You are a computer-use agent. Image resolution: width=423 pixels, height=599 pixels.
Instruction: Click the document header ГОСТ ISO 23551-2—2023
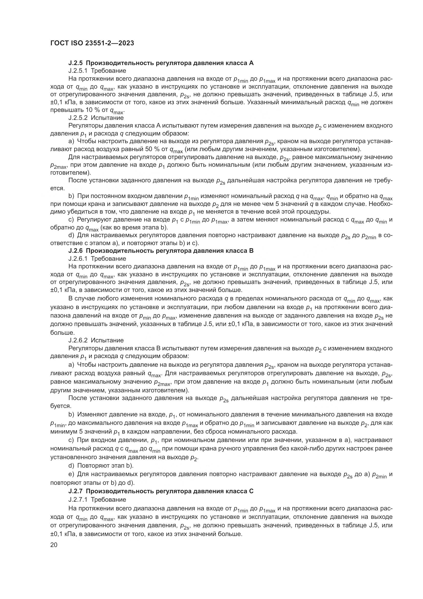[92, 43]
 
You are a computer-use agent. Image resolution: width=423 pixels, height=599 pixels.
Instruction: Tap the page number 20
[54, 545]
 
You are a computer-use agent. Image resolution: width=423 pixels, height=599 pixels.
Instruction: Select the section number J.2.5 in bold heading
[76, 63]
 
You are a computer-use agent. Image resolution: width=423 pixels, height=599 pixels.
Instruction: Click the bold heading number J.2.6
[76, 251]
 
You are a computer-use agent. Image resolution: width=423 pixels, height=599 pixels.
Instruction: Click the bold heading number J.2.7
[76, 491]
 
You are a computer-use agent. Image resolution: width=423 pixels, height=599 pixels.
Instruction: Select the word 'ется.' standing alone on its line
[57, 188]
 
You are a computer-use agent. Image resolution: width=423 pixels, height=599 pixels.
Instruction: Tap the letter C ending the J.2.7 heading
[251, 491]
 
